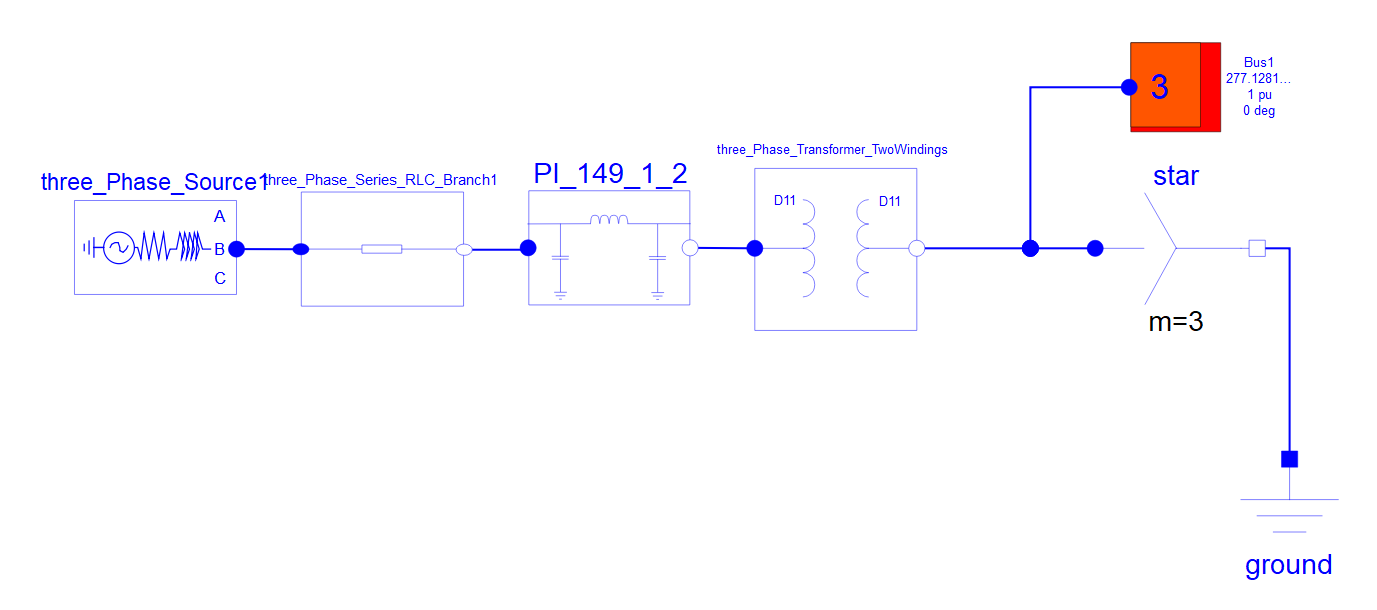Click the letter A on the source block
[x=219, y=216]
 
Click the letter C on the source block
[x=220, y=279]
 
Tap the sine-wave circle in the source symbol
[x=119, y=248]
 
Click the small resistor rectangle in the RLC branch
[x=382, y=249]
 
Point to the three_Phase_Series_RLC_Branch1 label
[x=381, y=180]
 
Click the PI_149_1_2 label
[x=610, y=173]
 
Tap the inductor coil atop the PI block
[x=609, y=219]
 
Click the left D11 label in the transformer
[x=784, y=200]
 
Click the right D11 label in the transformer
[x=890, y=201]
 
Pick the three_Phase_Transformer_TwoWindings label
[x=832, y=149]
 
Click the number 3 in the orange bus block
[x=1159, y=87]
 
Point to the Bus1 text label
[x=1258, y=62]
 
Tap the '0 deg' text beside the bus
[x=1259, y=111]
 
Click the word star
[x=1175, y=176]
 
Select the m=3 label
[x=1175, y=322]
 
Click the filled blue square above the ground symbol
[x=1289, y=459]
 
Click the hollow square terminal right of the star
[x=1257, y=248]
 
